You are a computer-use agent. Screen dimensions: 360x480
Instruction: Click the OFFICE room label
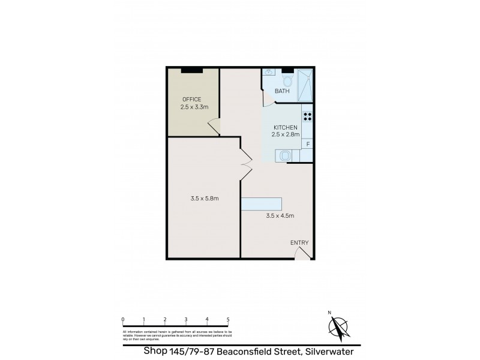point(191,99)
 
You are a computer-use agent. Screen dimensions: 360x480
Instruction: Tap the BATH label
point(281,91)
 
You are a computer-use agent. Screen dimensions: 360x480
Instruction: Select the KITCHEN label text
point(286,127)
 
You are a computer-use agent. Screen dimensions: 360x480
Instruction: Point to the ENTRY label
point(299,242)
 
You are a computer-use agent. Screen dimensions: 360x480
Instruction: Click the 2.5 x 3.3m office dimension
point(194,107)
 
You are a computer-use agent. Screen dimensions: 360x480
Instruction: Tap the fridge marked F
point(308,144)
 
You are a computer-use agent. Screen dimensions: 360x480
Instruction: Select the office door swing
point(213,127)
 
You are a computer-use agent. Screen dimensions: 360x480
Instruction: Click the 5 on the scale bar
point(228,319)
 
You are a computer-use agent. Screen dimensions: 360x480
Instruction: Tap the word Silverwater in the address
point(332,352)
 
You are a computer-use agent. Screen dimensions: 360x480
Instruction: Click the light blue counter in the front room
point(261,203)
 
